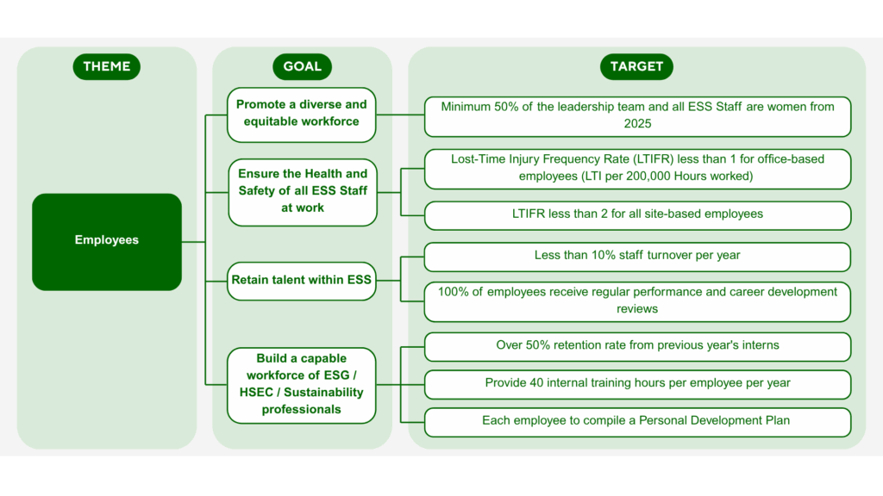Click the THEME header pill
107,66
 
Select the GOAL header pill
302,66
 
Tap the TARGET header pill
636,66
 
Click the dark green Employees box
107,241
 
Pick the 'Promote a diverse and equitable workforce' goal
302,114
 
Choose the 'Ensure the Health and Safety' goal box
302,191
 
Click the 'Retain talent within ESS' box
302,281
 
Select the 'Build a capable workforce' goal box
302,384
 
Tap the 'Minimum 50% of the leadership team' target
638,115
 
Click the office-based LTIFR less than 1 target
638,168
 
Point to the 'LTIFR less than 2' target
638,214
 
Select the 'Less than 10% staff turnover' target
638,256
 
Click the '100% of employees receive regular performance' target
638,301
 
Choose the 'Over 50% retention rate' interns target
638,346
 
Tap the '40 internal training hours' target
638,383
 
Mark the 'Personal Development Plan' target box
638,421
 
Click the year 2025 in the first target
637,124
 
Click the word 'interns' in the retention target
758,345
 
